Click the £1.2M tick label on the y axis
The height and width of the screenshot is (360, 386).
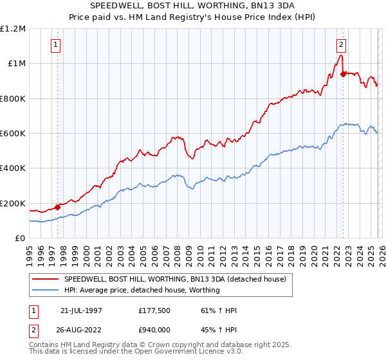[x=13, y=29]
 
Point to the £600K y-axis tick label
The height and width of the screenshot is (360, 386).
[x=13, y=134]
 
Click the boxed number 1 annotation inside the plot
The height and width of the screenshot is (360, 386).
[x=57, y=45]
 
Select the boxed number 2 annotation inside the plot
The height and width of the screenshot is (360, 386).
[x=341, y=45]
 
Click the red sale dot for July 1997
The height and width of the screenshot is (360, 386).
[x=57, y=207]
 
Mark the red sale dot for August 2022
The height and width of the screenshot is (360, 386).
[x=343, y=74]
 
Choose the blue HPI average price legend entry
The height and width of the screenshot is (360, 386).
[x=142, y=290]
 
